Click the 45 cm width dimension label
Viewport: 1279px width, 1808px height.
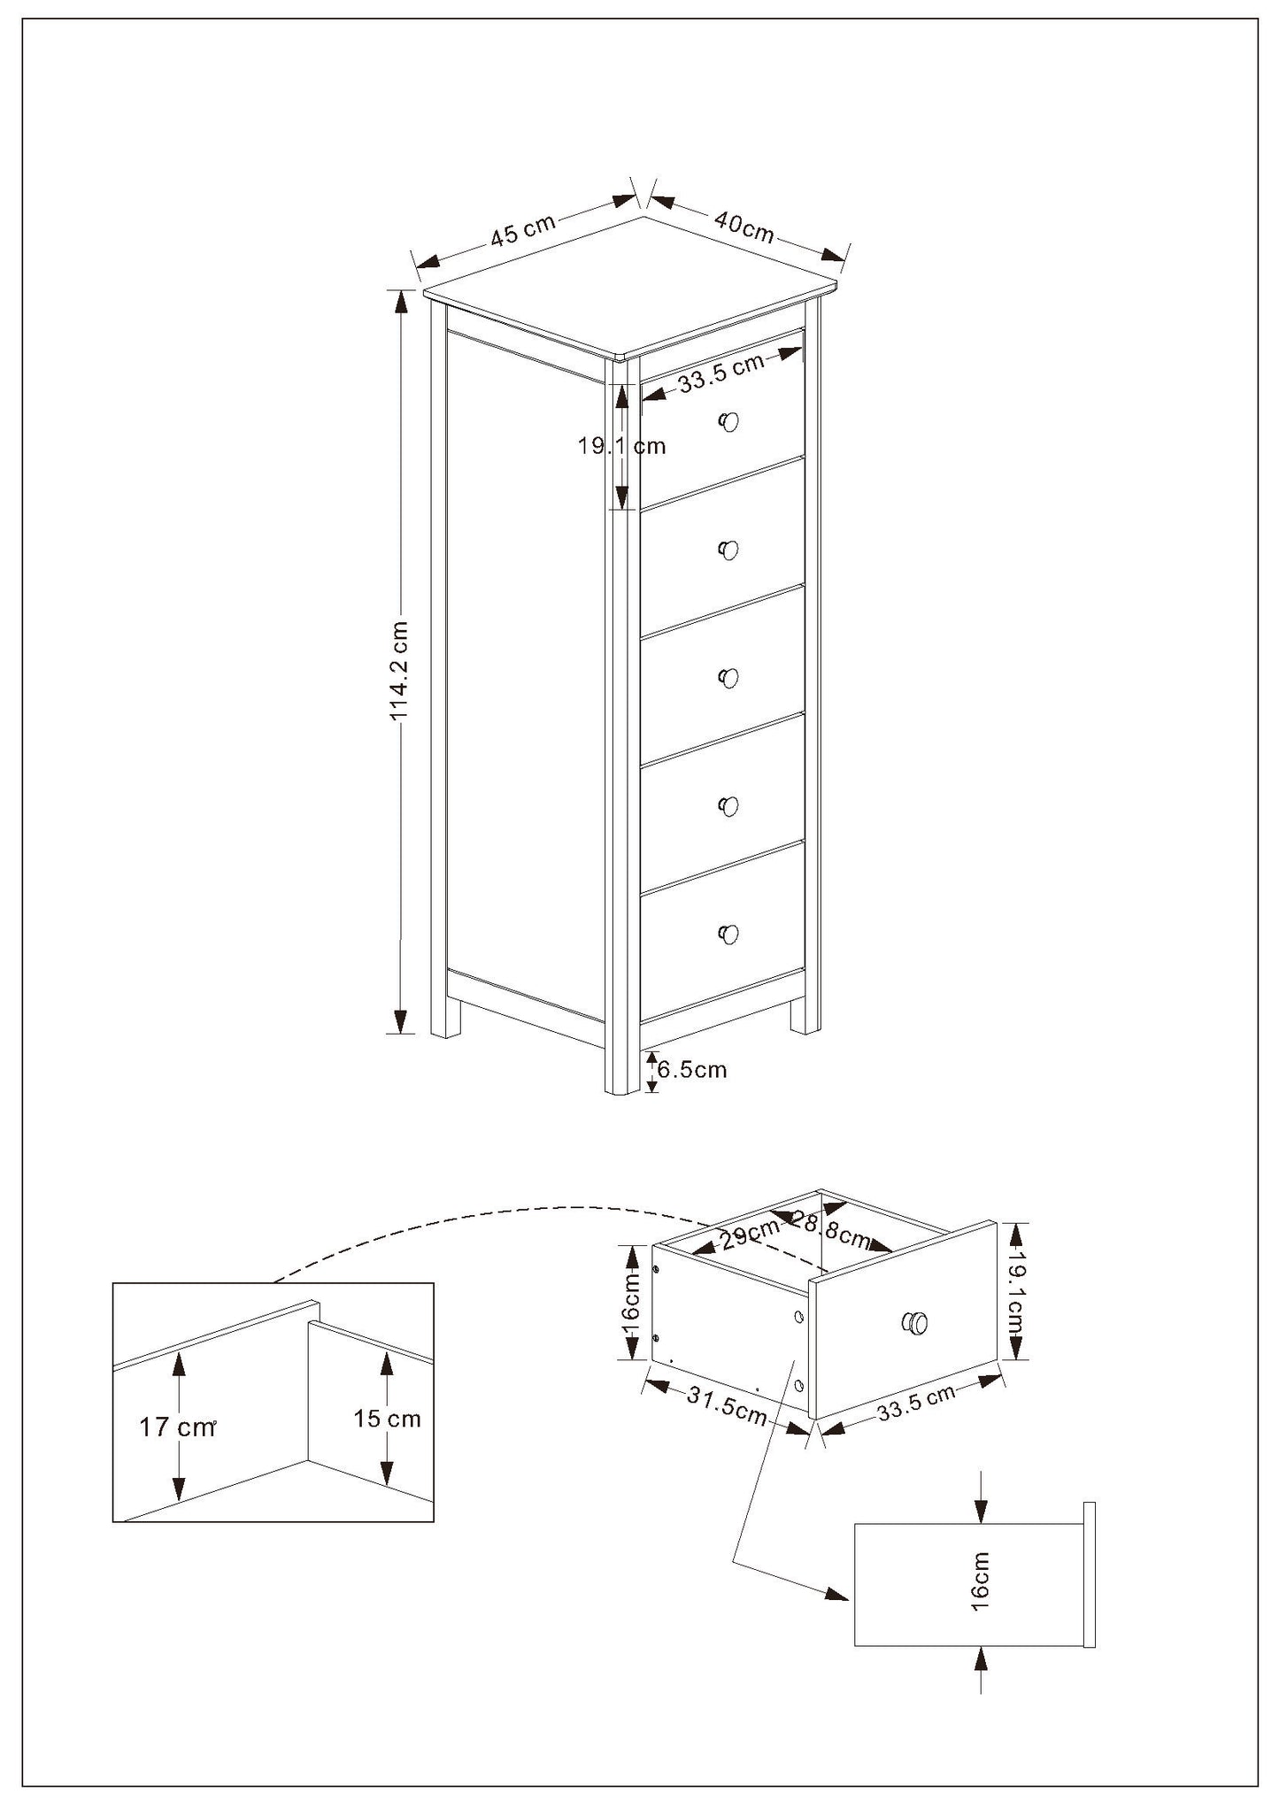(x=523, y=228)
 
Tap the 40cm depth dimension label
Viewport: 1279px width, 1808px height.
(x=744, y=227)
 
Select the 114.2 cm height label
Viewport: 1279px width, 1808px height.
(x=399, y=669)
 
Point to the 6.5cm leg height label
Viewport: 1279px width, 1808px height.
(x=691, y=1069)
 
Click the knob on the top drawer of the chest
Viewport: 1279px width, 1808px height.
(x=728, y=422)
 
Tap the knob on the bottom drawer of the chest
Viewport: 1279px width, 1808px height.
(x=728, y=934)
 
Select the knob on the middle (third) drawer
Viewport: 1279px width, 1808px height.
(x=728, y=678)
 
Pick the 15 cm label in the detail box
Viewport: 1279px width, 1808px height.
(x=387, y=1419)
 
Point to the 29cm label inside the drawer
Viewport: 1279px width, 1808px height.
(x=750, y=1234)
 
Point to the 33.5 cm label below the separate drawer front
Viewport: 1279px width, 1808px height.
(x=916, y=1404)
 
